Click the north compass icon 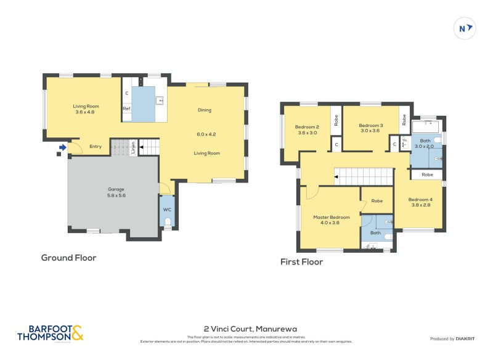click(x=464, y=28)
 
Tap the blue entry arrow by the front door click(x=62, y=147)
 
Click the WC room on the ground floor click(x=166, y=210)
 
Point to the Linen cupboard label click(x=133, y=148)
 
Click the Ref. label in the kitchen click(x=126, y=108)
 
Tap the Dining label click(x=205, y=110)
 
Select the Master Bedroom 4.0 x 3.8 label click(x=331, y=220)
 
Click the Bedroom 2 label click(x=307, y=129)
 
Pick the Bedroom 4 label click(x=420, y=202)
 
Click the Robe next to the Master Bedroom click(x=377, y=201)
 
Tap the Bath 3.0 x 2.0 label click(x=424, y=144)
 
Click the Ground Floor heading click(x=68, y=258)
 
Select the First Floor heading click(x=301, y=261)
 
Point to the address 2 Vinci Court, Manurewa click(x=246, y=329)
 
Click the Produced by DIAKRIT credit click(x=455, y=338)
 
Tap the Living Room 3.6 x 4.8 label click(x=86, y=109)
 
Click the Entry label click(x=96, y=146)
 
